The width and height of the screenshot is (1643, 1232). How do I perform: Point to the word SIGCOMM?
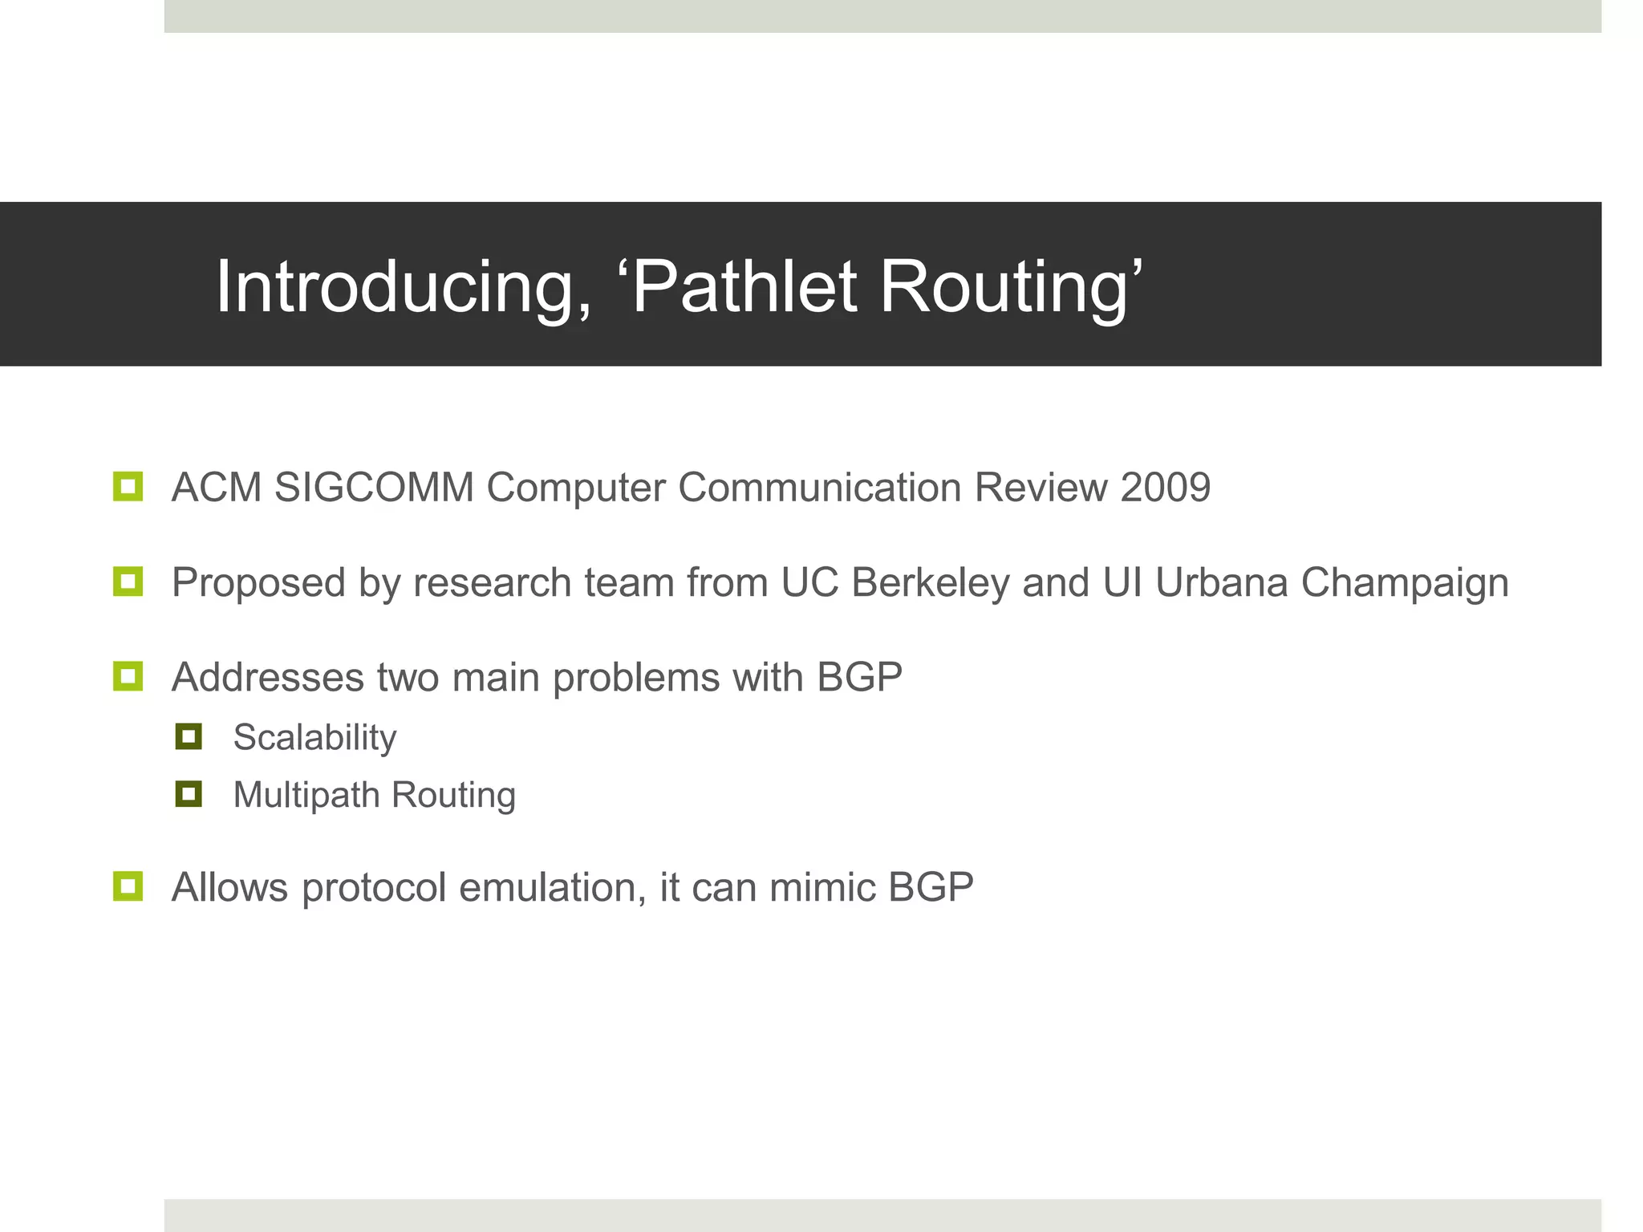coord(374,487)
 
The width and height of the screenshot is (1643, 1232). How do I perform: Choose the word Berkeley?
coord(930,583)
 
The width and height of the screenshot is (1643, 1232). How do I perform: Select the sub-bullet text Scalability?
coord(314,738)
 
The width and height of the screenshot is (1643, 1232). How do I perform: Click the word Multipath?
coord(306,796)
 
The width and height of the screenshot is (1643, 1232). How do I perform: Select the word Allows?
coord(230,888)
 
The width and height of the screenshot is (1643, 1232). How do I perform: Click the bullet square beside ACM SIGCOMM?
coord(128,486)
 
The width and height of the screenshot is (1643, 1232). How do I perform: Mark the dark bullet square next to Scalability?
coord(189,736)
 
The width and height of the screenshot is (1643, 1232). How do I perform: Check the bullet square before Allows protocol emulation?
coord(128,886)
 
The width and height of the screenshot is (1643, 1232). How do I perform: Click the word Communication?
coord(819,487)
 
